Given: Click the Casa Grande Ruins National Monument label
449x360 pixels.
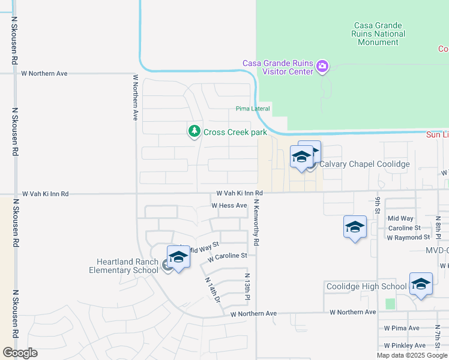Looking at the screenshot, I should point(380,34).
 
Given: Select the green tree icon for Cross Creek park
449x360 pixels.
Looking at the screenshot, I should point(194,131).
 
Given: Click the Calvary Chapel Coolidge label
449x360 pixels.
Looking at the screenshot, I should point(364,164).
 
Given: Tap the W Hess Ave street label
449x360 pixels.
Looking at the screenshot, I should point(229,205).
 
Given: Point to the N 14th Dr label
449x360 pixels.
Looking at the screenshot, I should point(214,289).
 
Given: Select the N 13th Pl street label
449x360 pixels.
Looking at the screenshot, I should point(247,287).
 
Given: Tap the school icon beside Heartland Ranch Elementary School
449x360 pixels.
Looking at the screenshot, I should point(178,257).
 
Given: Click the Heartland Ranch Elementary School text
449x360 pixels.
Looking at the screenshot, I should point(128,266).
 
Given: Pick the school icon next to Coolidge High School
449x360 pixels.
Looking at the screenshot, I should point(421,284).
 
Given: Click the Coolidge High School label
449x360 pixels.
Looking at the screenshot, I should point(366,286).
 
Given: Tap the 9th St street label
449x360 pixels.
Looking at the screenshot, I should point(378,205).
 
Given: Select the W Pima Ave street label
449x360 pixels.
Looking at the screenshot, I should point(402,328).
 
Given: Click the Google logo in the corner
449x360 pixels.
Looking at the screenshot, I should point(20,352).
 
